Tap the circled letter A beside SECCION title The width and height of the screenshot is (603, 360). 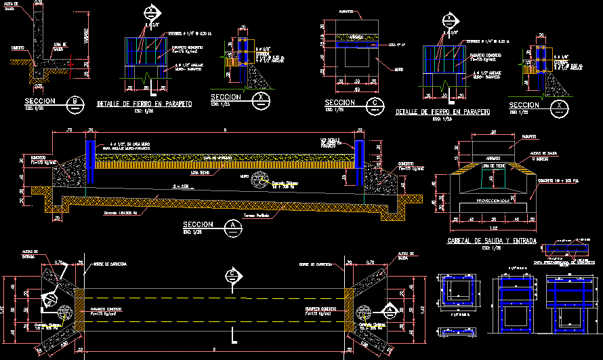pyautogui.click(x=234, y=226)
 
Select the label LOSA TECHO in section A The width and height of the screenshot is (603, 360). pyautogui.click(x=200, y=173)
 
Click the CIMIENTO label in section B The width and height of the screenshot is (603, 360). pyautogui.click(x=18, y=47)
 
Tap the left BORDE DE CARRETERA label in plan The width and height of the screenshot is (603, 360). pyautogui.click(x=106, y=263)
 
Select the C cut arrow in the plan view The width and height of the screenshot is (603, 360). pyautogui.click(x=232, y=275)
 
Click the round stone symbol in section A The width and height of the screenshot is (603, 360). pyautogui.click(x=259, y=181)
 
